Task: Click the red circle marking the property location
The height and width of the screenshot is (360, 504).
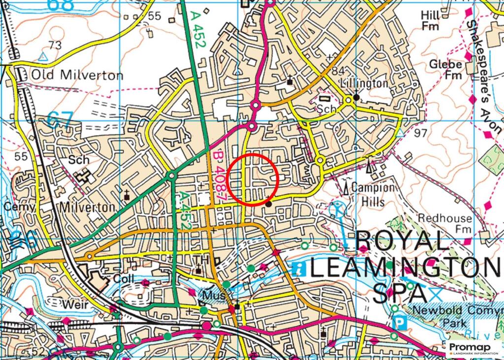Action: tap(254, 180)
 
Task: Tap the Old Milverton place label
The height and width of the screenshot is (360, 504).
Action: tap(77, 75)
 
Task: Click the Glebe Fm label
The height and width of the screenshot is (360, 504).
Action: tap(445, 69)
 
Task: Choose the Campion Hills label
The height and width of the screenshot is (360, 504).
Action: tap(373, 194)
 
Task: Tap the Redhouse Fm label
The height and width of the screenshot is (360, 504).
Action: tap(444, 224)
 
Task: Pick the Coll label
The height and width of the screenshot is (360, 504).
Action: tap(124, 279)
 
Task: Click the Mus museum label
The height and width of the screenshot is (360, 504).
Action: tap(214, 296)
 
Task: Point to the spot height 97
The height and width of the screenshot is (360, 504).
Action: tap(421, 133)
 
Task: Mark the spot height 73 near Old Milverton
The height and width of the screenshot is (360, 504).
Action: tap(55, 45)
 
